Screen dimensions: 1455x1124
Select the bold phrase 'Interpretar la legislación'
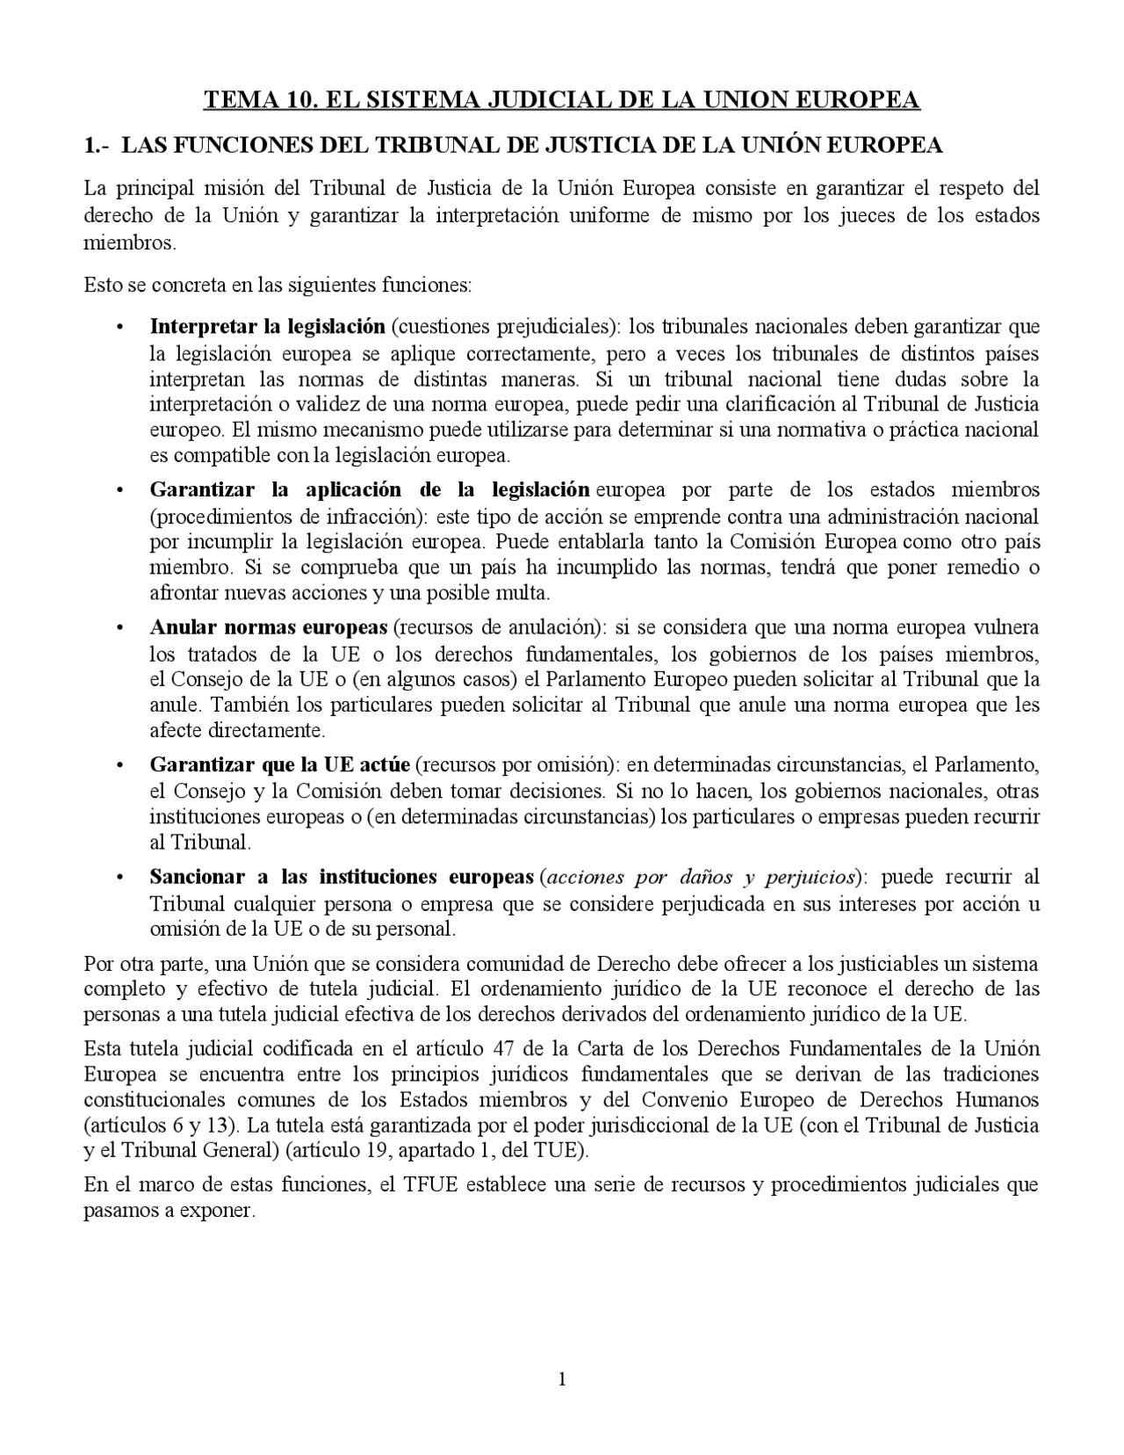coord(267,327)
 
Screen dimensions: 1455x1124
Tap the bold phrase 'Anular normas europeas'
coord(268,627)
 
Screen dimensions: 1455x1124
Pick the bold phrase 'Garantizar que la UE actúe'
coord(279,764)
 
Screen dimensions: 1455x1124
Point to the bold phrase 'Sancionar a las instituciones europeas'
coord(342,877)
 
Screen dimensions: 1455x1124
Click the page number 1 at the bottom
coord(562,1379)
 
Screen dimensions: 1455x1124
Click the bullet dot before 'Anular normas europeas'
coord(119,628)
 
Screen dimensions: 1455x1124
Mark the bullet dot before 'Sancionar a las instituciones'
coord(119,878)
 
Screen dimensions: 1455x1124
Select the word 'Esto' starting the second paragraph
coord(102,285)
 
